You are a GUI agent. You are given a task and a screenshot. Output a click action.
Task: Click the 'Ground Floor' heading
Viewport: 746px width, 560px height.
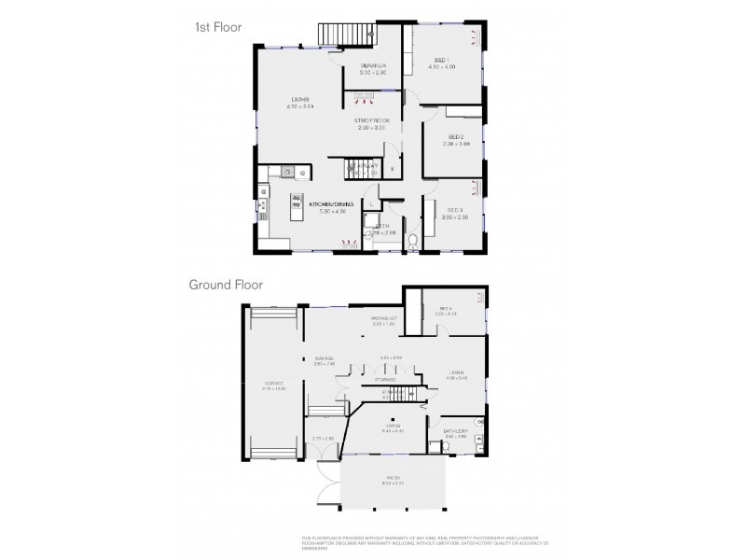pyautogui.click(x=226, y=285)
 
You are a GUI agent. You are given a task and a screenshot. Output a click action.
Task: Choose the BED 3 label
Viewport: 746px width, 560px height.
pyautogui.click(x=455, y=211)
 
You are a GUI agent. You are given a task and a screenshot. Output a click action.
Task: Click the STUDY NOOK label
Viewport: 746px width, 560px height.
pyautogui.click(x=371, y=121)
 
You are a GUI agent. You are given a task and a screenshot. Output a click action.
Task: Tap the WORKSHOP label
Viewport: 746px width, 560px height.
pyautogui.click(x=384, y=320)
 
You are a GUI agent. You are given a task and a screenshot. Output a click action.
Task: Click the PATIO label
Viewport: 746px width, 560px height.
pyautogui.click(x=394, y=480)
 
